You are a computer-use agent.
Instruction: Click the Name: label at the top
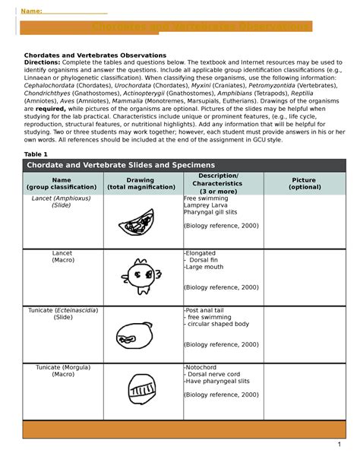pyautogui.click(x=30, y=11)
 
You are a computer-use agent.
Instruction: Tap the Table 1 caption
pyautogui.click(x=36, y=154)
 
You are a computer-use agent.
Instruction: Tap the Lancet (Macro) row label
pyautogui.click(x=62, y=256)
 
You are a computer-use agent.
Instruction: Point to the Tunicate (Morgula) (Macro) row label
pyautogui.click(x=62, y=372)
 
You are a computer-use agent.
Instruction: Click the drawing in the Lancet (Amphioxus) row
pyautogui.click(x=138, y=223)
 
